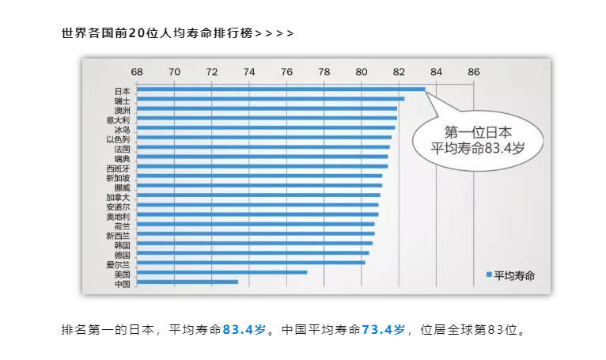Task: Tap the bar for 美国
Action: coord(222,272)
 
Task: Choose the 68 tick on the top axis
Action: coord(137,72)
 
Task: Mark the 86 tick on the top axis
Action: coord(474,72)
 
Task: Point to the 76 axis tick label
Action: coord(286,72)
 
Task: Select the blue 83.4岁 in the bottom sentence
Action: coord(244,329)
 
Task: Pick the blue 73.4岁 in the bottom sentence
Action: coord(384,329)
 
